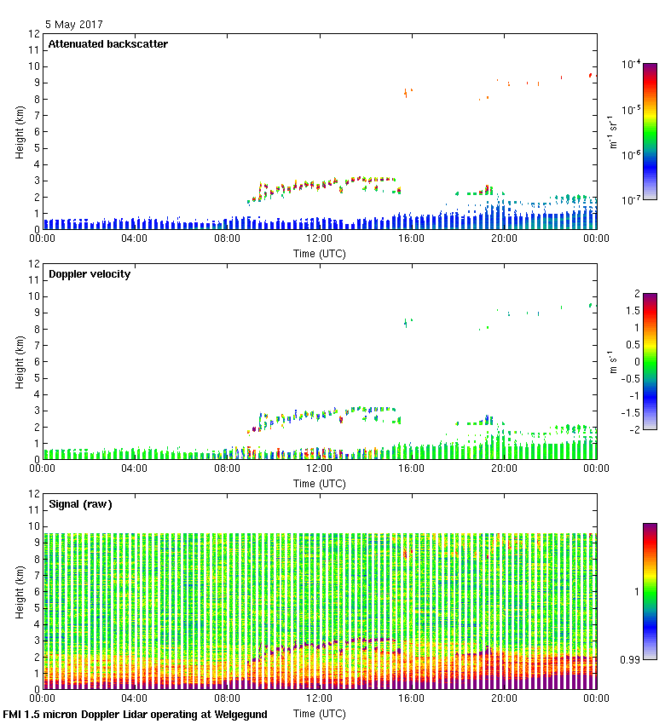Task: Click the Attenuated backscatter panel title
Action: [x=107, y=44]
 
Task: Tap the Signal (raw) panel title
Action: [x=80, y=504]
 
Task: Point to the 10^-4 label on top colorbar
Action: [x=632, y=64]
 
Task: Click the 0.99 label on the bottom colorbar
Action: [x=630, y=658]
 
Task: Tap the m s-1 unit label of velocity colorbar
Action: [x=615, y=362]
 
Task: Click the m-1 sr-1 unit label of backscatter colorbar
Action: [x=613, y=132]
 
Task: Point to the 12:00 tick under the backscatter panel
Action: [x=319, y=239]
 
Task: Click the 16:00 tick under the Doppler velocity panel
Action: [x=411, y=468]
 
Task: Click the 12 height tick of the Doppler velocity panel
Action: [x=34, y=264]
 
